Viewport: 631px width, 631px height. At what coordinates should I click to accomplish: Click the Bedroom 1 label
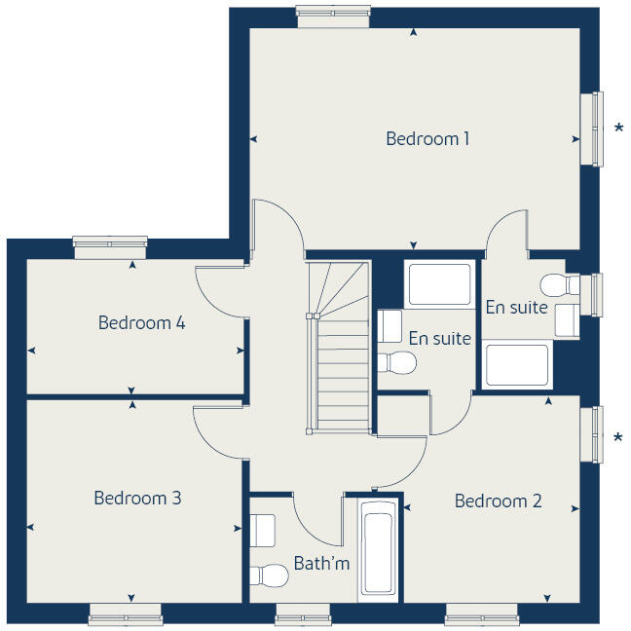pos(427,138)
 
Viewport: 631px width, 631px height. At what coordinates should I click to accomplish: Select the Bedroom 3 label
pos(137,498)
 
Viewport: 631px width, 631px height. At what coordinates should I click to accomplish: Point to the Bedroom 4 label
pos(141,322)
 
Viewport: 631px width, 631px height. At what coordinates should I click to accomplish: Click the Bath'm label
pos(321,563)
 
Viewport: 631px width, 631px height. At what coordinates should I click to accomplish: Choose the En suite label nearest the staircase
pos(439,339)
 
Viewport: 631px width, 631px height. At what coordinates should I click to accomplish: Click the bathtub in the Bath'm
pos(377,550)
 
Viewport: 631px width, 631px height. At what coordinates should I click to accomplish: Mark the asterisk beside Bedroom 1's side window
pos(618,129)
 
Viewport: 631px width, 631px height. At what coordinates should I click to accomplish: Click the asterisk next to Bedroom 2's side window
pos(618,438)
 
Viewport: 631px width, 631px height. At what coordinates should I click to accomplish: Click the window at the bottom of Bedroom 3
pos(125,614)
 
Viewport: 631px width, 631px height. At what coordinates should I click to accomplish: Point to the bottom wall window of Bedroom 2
pos(481,614)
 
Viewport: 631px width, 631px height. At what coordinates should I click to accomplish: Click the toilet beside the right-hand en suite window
pos(557,285)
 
